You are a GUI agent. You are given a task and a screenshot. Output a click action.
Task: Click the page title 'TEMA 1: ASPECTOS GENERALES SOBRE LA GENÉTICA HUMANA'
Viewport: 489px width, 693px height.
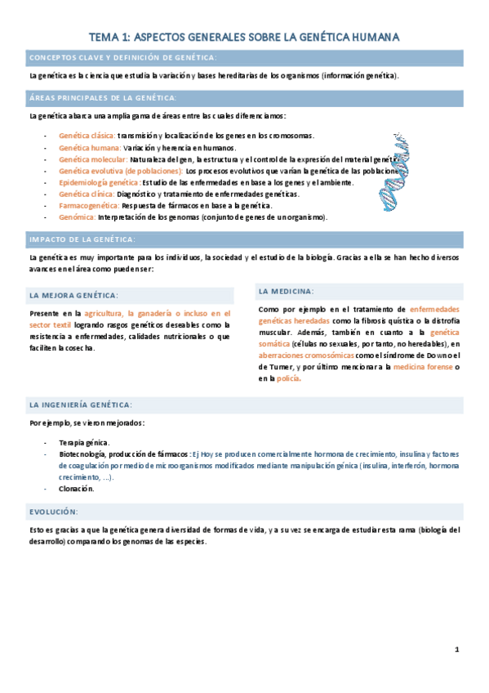(244, 37)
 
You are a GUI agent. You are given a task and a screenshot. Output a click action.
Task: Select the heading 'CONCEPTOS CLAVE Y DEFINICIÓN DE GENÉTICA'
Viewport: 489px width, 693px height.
(123, 58)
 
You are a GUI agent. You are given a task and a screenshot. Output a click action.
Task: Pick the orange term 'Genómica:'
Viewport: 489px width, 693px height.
(77, 217)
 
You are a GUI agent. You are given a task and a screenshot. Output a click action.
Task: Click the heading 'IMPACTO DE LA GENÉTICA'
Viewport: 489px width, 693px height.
(82, 239)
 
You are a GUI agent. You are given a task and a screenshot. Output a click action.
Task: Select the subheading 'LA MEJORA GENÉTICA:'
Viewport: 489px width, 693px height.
(73, 294)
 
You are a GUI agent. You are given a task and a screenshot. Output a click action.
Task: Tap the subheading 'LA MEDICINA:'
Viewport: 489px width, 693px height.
(286, 291)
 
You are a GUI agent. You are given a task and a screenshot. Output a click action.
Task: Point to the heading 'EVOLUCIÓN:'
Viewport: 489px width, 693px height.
(54, 511)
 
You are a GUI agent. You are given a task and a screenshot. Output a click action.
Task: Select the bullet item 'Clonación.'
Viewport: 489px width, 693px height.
(76, 489)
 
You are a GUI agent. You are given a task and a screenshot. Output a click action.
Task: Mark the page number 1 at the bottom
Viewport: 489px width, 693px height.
(457, 650)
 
